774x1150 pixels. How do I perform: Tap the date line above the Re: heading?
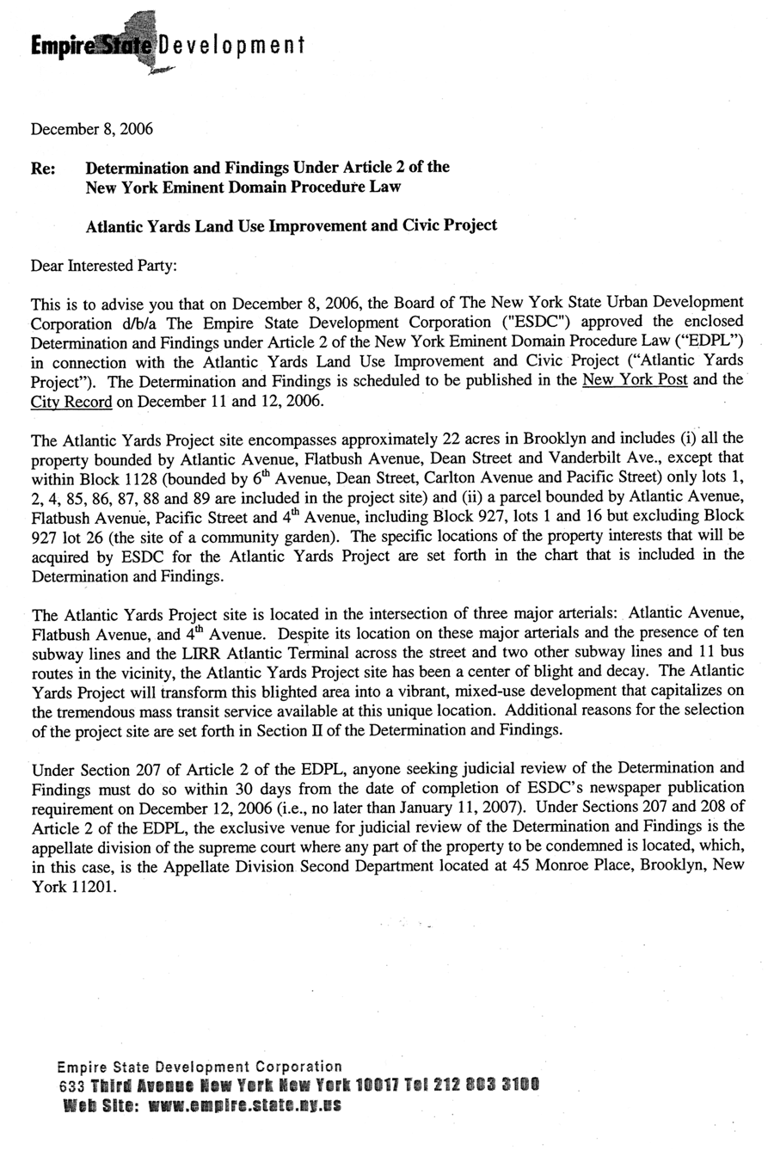[x=92, y=130]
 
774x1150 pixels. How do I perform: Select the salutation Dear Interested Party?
[x=103, y=266]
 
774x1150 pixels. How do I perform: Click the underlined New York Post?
[x=635, y=380]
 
